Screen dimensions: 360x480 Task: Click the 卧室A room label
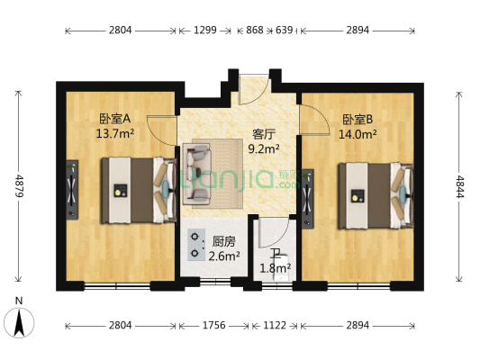click(x=115, y=118)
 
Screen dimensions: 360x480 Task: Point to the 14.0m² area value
click(x=357, y=134)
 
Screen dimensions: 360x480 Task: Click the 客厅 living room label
click(x=264, y=134)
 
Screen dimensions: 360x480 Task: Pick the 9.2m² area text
click(x=264, y=149)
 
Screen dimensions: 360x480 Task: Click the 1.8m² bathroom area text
click(x=276, y=267)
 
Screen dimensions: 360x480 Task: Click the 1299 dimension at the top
click(x=206, y=30)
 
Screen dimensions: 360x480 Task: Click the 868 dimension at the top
click(x=255, y=30)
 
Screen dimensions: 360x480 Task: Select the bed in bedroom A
click(x=135, y=189)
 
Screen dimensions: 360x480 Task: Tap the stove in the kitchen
click(x=195, y=244)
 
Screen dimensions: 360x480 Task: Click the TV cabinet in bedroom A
click(x=71, y=189)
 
